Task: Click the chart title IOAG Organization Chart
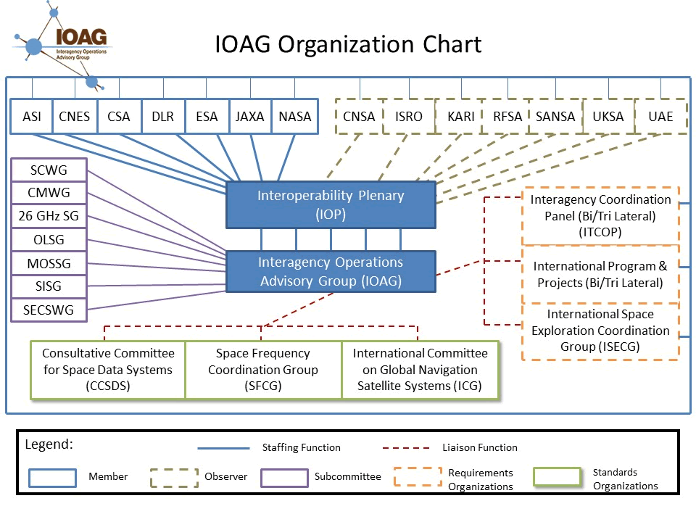click(348, 44)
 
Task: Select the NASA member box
click(294, 117)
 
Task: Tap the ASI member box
click(32, 117)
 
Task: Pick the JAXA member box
click(250, 117)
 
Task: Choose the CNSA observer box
click(359, 117)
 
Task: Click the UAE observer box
click(660, 117)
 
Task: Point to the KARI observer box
click(461, 117)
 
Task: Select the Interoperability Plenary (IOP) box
click(331, 204)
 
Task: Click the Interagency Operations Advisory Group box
click(331, 271)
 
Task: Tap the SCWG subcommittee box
click(49, 170)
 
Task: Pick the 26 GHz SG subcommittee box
click(49, 216)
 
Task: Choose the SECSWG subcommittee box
click(49, 310)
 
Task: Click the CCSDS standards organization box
click(108, 370)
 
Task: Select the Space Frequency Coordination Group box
click(263, 370)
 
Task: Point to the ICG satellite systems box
click(420, 370)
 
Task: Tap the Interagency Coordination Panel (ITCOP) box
click(600, 215)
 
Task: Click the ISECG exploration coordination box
click(600, 331)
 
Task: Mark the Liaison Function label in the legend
click(480, 447)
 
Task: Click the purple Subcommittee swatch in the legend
click(284, 478)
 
